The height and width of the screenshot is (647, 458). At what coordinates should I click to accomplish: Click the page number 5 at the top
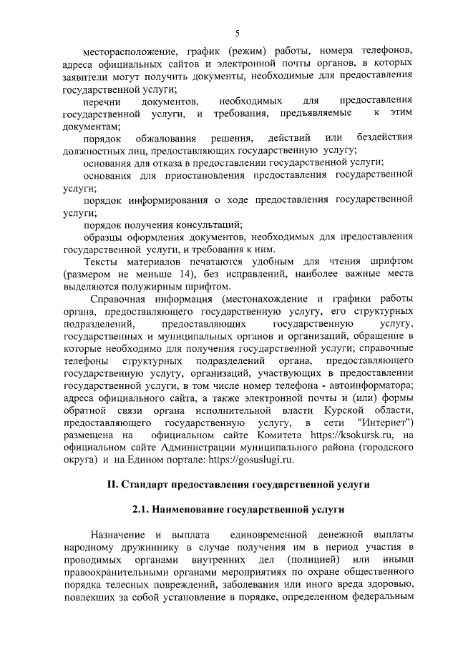237,33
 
